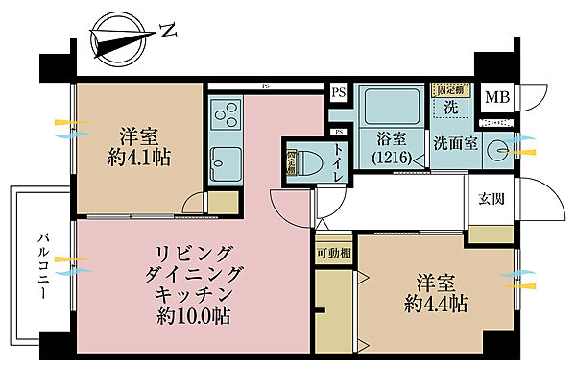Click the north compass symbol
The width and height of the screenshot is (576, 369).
pos(121,39)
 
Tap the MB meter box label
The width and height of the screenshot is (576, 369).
pos(496,97)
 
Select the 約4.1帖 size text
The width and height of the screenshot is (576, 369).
pos(140,158)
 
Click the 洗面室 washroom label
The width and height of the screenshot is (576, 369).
pos(454,144)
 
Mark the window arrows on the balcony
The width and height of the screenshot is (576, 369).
pos(68,265)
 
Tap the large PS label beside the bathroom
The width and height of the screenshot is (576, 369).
pos(337,93)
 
